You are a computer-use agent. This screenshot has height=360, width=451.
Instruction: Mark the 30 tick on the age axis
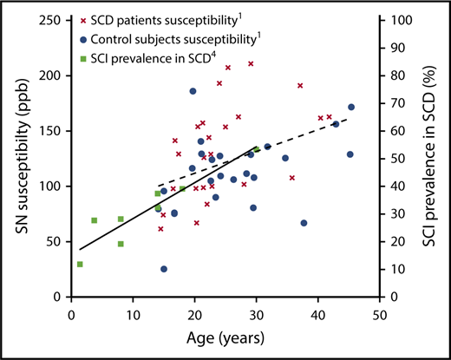pyautogui.click(x=257, y=311)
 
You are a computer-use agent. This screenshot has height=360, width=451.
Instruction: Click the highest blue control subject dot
pyautogui.click(x=193, y=91)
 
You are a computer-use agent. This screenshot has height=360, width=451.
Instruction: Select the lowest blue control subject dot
pyautogui.click(x=164, y=269)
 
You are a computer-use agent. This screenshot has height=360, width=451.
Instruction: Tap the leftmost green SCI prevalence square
pyautogui.click(x=80, y=264)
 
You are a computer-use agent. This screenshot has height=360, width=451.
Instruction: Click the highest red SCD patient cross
pyautogui.click(x=251, y=64)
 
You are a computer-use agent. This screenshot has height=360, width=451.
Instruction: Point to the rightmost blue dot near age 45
pyautogui.click(x=351, y=108)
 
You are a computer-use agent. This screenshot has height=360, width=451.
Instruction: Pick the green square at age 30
pyautogui.click(x=257, y=150)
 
